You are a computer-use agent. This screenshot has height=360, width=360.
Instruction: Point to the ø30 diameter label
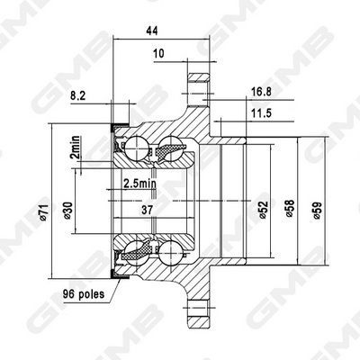69,209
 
